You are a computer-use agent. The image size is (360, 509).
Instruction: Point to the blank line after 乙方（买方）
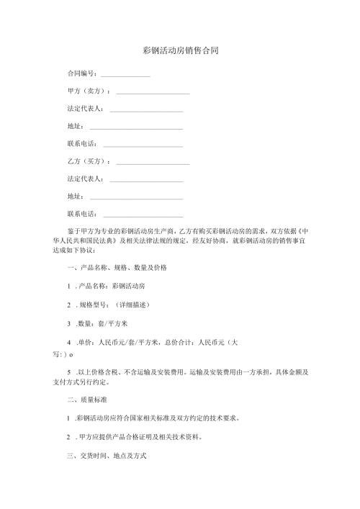click(153, 162)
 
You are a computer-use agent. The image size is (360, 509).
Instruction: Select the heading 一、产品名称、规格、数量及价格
click(116, 267)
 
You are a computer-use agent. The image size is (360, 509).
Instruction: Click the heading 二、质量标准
click(89, 398)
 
